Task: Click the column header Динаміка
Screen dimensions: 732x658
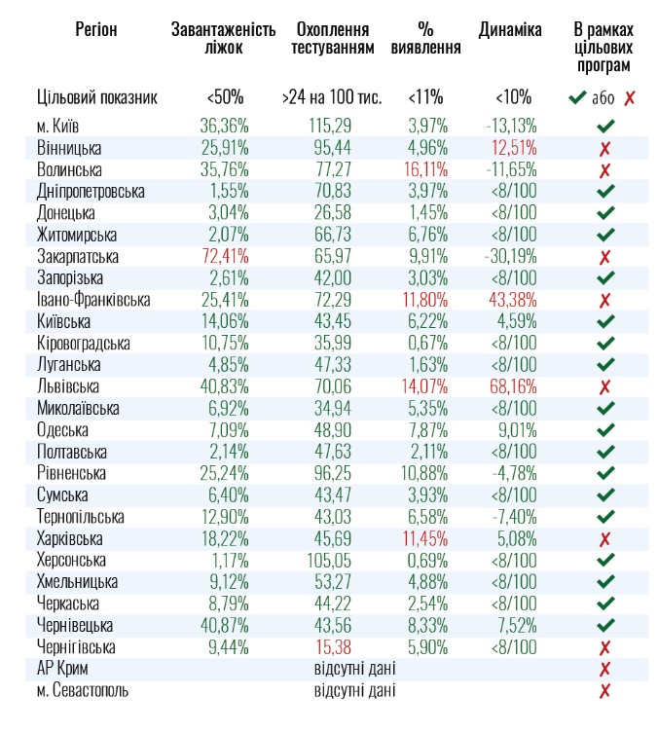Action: [x=510, y=30]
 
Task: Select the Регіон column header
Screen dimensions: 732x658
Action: [x=95, y=30]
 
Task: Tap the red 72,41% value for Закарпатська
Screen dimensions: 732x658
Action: [x=225, y=257]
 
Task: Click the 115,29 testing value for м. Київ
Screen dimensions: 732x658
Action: [x=329, y=127]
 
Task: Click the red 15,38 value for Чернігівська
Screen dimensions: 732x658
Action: [x=330, y=647]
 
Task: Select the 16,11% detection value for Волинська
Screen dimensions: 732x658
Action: [x=423, y=170]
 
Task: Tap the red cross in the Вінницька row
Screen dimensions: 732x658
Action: [x=604, y=149]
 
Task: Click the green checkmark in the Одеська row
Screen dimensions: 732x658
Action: [x=605, y=430]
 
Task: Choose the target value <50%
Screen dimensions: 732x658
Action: [x=225, y=97]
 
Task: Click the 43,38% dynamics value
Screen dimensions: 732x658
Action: [x=512, y=301]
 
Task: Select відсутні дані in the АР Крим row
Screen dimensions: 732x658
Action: [x=354, y=670]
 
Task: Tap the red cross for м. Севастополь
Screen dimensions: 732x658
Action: [x=604, y=691]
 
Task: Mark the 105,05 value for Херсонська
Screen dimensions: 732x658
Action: [x=329, y=561]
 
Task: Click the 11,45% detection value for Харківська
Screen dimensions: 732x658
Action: [x=423, y=539]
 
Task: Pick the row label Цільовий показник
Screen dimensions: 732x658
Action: [x=97, y=97]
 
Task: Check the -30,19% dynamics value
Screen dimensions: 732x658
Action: [x=511, y=257]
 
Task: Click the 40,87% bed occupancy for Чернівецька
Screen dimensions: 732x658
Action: [x=225, y=626]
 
